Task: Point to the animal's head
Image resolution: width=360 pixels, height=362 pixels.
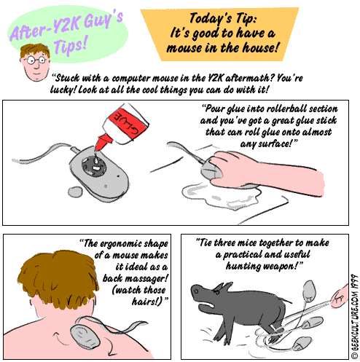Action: pyautogui.click(x=208, y=294)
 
